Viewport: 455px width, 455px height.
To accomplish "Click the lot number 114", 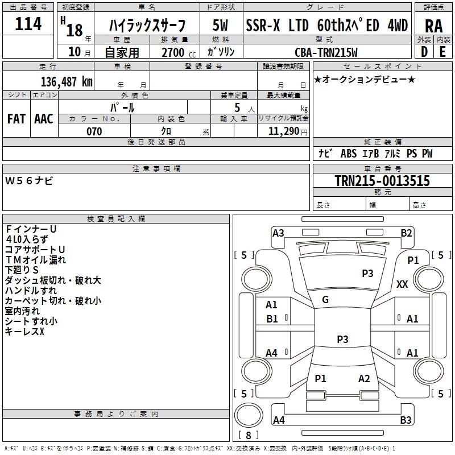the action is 28,24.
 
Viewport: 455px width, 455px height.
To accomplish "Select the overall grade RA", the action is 434,26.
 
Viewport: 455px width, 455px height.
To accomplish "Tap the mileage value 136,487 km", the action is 67,82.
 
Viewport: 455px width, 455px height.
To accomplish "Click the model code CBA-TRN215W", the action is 326,52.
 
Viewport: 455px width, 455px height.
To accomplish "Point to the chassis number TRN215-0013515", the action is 382,180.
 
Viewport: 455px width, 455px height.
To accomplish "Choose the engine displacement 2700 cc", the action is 179,53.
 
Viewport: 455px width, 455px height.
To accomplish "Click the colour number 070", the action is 94,131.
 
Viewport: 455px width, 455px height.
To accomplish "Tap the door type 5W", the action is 220,25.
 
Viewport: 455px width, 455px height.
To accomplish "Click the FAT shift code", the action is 16,119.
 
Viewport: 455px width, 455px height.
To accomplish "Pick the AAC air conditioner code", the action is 44,119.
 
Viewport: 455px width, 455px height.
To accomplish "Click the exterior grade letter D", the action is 424,52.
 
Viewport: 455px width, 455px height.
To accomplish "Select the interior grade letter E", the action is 442,52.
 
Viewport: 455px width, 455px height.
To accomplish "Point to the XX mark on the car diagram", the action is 402,284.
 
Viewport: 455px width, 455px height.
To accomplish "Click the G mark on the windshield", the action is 325,300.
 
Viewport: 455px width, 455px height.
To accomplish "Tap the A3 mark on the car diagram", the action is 278,233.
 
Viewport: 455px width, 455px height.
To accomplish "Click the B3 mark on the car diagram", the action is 406,420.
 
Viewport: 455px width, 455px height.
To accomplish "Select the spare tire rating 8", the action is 249,435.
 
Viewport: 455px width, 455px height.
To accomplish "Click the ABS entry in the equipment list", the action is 349,154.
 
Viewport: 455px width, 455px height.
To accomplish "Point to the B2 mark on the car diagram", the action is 406,233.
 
